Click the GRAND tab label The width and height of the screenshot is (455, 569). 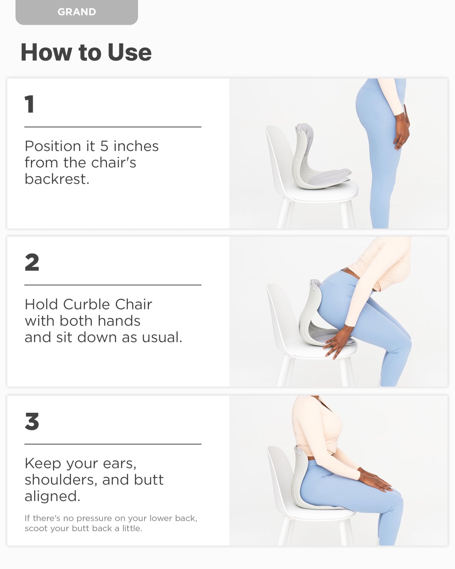[x=77, y=12]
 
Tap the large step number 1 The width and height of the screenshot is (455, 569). [x=29, y=104]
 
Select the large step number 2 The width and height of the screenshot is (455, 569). [x=32, y=262]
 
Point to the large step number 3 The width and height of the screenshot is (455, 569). [x=32, y=422]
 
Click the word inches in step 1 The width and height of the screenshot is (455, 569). [x=136, y=146]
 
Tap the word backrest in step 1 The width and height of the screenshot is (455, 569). [x=57, y=179]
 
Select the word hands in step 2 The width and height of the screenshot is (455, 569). [x=119, y=321]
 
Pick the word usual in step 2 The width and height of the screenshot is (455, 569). [x=162, y=337]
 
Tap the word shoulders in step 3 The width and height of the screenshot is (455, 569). [x=61, y=480]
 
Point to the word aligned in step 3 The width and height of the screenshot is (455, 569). [x=52, y=497]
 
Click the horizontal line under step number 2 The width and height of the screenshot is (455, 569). [x=113, y=285]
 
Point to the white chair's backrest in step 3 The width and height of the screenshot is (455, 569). [x=280, y=473]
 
